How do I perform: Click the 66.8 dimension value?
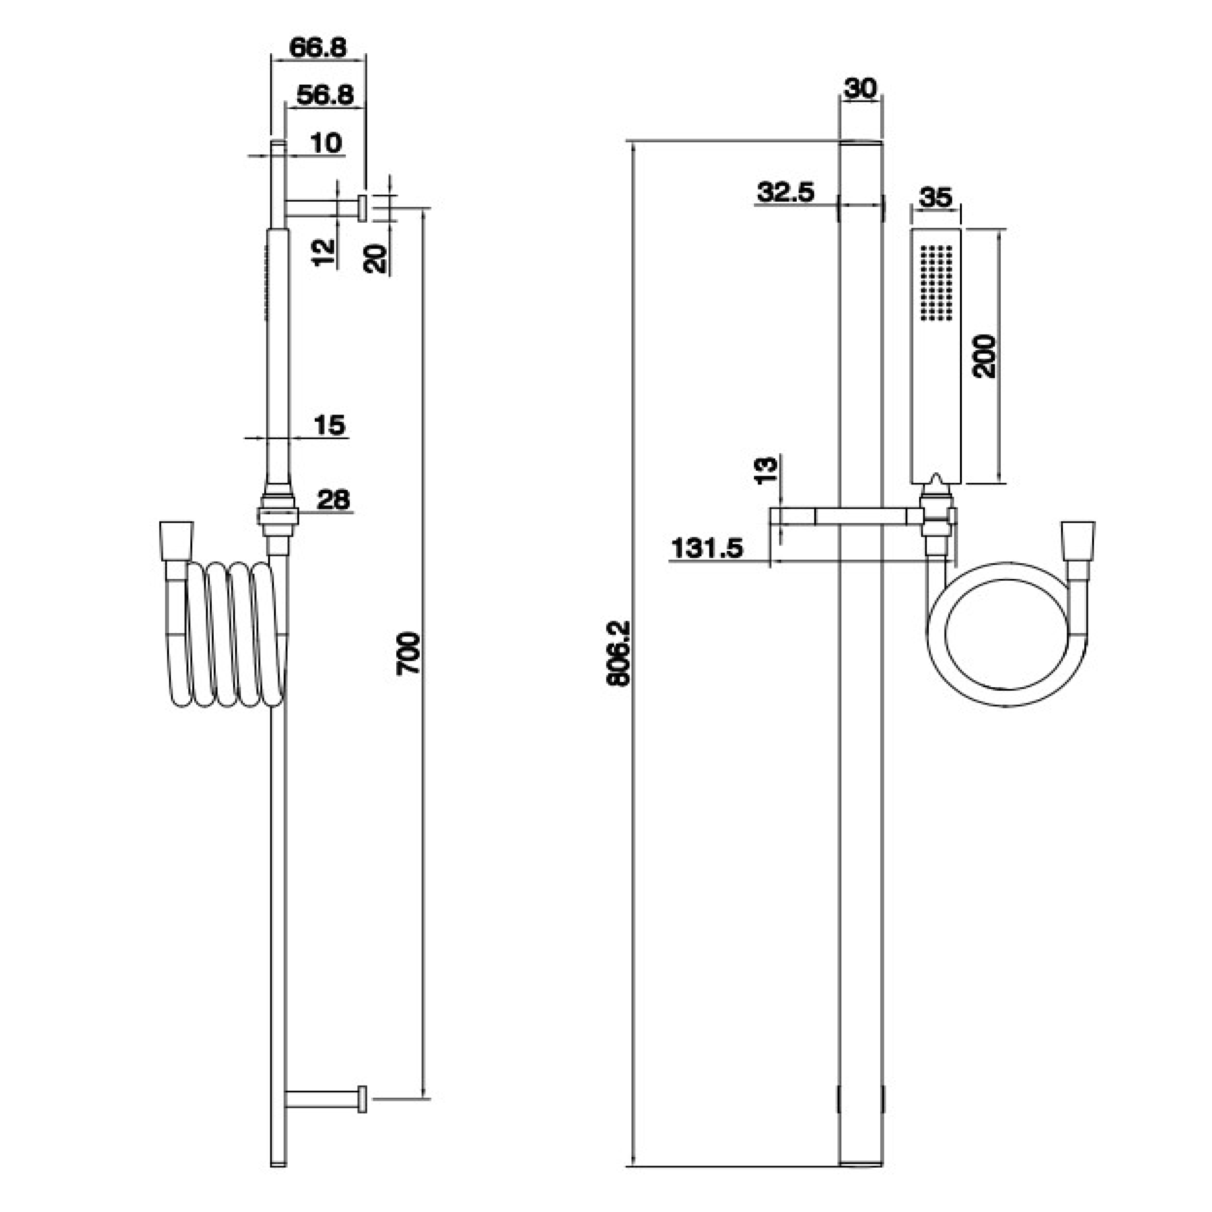318,48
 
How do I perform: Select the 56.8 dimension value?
325,95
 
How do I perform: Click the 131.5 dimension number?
707,548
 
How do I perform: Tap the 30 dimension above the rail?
860,89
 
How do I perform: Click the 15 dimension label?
329,425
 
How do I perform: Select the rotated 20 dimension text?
375,259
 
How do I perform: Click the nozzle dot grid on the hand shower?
936,282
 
